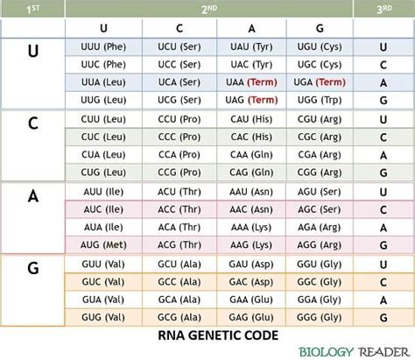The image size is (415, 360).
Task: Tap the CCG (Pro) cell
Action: coord(173,173)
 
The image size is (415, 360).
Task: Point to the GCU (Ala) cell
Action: coord(173,263)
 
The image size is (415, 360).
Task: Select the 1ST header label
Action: coord(32,9)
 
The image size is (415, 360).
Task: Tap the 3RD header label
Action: coord(382,9)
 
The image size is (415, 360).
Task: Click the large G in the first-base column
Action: coord(32,268)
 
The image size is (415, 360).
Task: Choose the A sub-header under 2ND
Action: coord(252,28)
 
